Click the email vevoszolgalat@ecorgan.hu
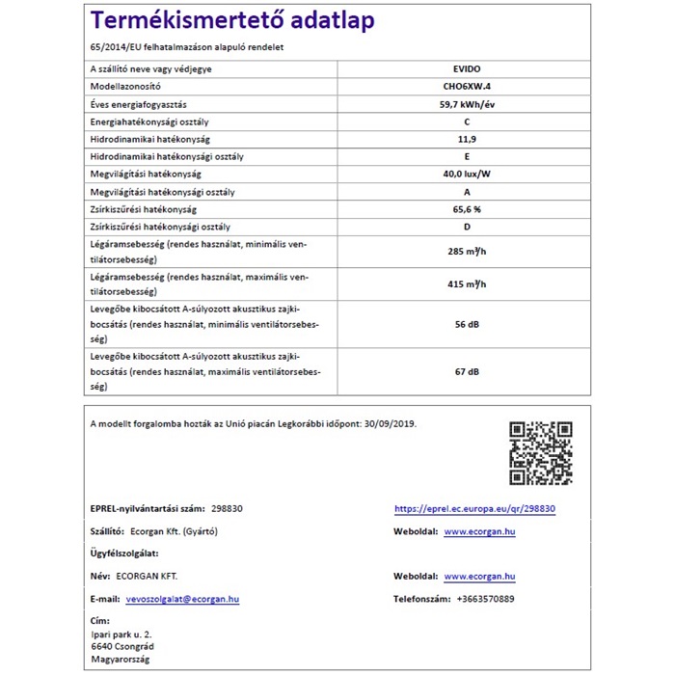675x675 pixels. coord(182,599)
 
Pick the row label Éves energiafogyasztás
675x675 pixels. coord(138,104)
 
